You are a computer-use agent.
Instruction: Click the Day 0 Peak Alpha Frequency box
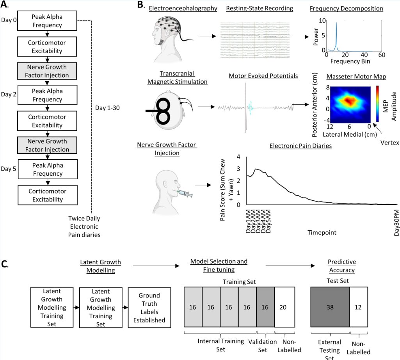(47, 21)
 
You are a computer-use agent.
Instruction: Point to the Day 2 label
(9, 94)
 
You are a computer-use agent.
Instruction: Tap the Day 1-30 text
(107, 108)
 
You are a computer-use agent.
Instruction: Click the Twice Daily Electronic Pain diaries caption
(84, 226)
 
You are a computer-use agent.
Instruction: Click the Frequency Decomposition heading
(347, 9)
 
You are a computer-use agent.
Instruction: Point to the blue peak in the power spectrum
(336, 36)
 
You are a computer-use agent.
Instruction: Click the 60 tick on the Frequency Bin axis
(382, 55)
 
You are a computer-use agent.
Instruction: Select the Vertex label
(389, 143)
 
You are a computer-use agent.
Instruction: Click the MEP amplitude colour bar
(377, 103)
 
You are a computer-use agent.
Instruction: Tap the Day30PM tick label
(396, 223)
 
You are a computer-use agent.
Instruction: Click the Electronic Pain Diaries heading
(300, 146)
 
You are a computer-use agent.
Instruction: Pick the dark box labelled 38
(330, 307)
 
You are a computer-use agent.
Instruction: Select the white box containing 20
(285, 307)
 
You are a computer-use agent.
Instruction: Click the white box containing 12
(359, 307)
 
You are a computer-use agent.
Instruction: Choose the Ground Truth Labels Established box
(149, 308)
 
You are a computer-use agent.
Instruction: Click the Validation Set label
(263, 346)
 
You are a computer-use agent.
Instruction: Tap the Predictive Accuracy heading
(342, 266)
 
